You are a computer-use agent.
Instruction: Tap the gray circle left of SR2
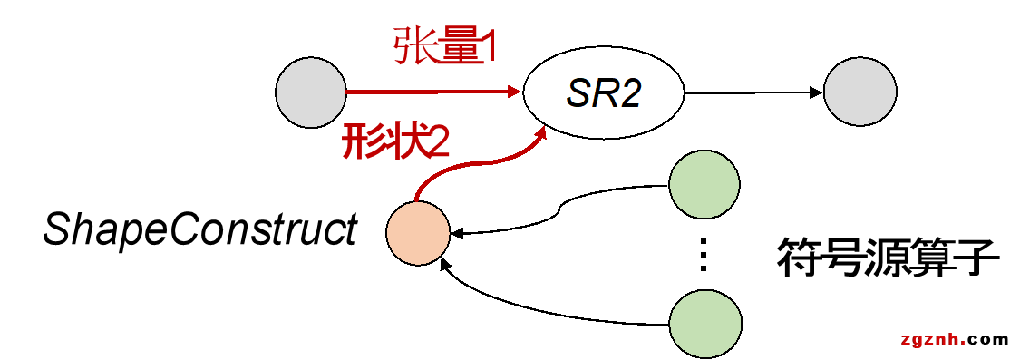(311, 92)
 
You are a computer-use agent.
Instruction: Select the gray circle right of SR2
(860, 92)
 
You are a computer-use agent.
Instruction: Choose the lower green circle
(704, 324)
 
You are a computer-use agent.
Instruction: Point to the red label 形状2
(396, 142)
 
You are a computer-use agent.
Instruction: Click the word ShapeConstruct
(199, 230)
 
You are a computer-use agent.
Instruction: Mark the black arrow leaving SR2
(753, 92)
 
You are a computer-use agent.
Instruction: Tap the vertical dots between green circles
(703, 257)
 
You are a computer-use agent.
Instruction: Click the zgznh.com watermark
(954, 340)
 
